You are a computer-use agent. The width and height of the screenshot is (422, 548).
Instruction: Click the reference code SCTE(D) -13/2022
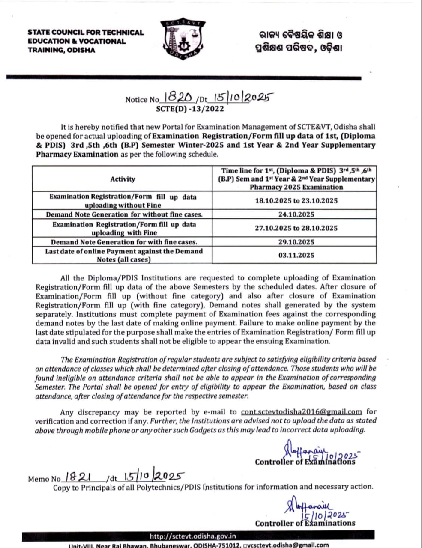[x=190, y=109]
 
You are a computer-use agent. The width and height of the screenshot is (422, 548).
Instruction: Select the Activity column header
[x=123, y=179]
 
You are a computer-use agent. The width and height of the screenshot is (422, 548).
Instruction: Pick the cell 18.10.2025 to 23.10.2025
[x=296, y=200]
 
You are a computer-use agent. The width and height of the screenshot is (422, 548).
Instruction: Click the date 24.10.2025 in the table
[x=296, y=214]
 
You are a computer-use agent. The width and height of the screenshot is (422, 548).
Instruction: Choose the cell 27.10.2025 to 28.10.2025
[x=296, y=228]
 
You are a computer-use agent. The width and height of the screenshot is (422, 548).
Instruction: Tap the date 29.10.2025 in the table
[x=296, y=242]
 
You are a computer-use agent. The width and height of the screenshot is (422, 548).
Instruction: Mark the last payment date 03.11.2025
[x=296, y=255]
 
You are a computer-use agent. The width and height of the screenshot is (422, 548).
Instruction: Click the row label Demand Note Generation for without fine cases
[x=124, y=214]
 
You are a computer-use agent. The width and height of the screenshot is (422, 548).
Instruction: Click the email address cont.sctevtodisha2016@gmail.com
[x=302, y=412]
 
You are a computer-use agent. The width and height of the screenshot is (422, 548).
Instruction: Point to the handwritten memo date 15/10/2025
[x=154, y=476]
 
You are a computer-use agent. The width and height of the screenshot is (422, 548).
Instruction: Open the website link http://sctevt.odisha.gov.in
[x=192, y=536]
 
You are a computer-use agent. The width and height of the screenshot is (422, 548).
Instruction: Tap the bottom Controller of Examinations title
[x=305, y=523]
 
